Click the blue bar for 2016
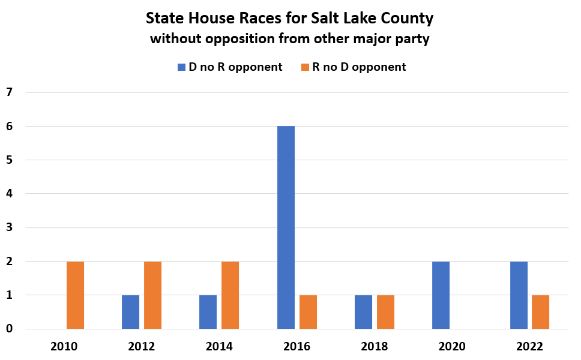(x=286, y=227)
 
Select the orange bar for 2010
(x=75, y=295)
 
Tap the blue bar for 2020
(x=441, y=295)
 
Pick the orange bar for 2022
(x=540, y=312)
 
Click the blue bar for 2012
(x=130, y=312)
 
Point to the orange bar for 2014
(x=230, y=295)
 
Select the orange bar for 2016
(x=308, y=312)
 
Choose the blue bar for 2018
(x=363, y=312)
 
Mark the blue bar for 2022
(x=519, y=295)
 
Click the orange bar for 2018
(x=385, y=312)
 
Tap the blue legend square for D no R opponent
(x=182, y=67)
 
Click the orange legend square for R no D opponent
(x=305, y=67)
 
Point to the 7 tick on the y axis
(x=9, y=92)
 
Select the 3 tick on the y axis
(x=9, y=228)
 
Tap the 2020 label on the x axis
(x=451, y=347)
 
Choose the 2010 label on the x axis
(x=64, y=347)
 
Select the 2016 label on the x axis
(x=297, y=347)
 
